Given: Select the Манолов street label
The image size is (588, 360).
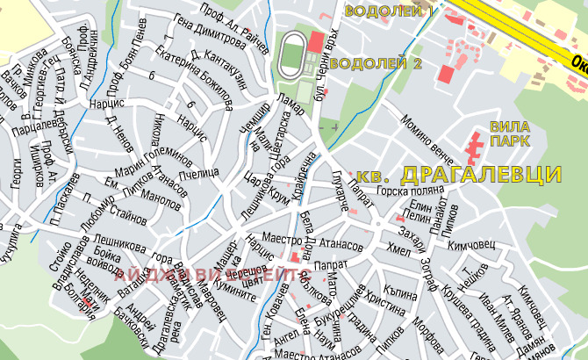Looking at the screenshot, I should pos(161,199).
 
